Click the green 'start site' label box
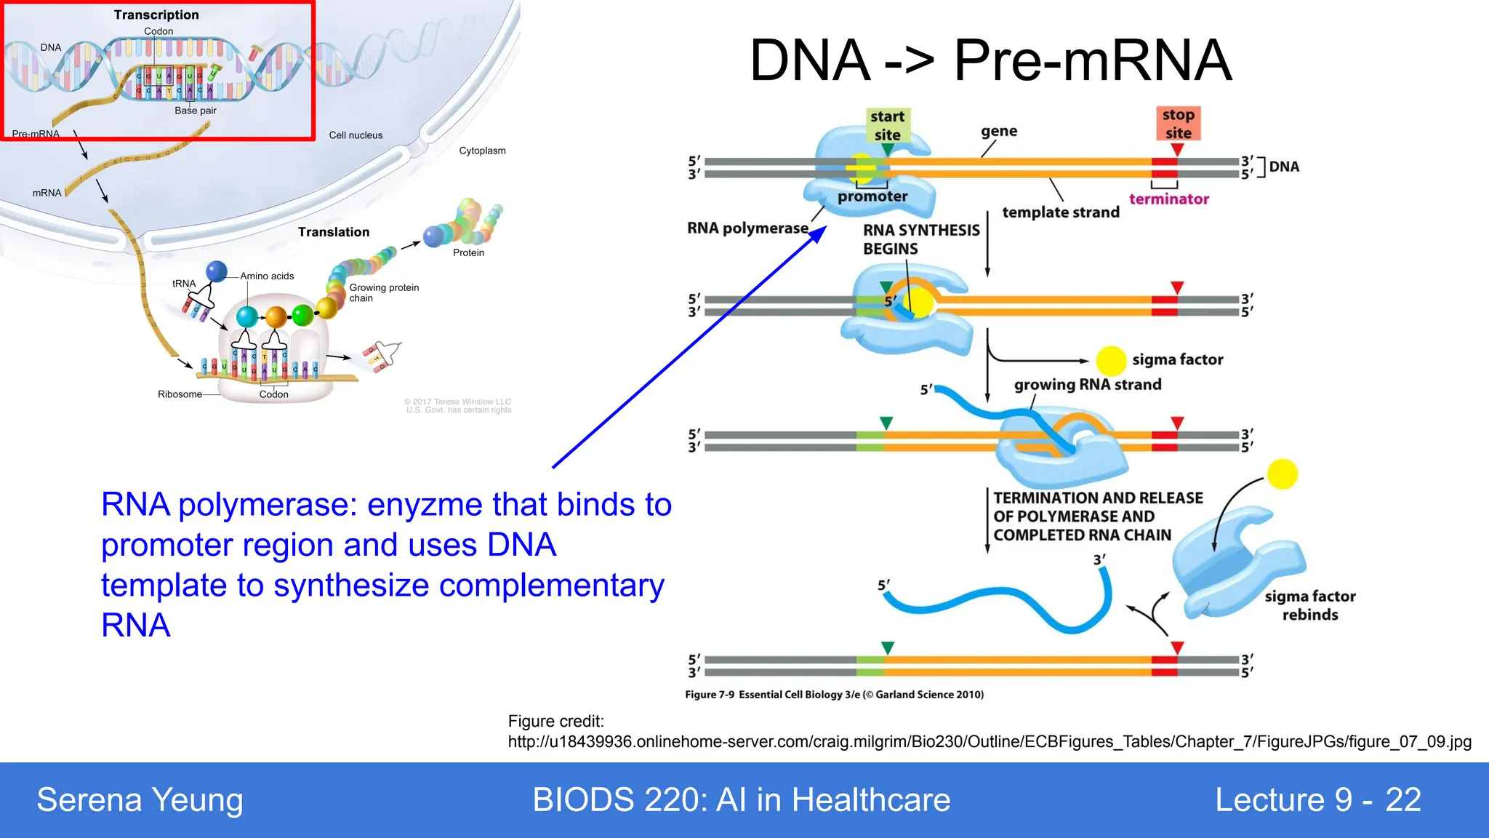point(887,125)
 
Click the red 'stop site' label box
point(1178,124)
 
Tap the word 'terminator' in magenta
point(1168,199)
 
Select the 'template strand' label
point(1060,212)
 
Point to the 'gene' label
point(999,131)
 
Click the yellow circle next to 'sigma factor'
point(1110,360)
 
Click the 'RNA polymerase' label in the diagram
point(747,228)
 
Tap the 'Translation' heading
point(334,232)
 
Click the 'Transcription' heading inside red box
point(156,15)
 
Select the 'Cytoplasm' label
point(482,151)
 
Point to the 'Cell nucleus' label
point(356,135)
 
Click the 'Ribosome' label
point(180,394)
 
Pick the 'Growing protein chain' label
point(383,292)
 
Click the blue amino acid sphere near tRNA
point(217,271)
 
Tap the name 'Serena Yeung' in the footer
point(140,800)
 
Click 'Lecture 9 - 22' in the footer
point(1317,800)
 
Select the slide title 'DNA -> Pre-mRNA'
point(990,60)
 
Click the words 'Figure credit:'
point(555,722)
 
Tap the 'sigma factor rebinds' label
point(1309,605)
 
